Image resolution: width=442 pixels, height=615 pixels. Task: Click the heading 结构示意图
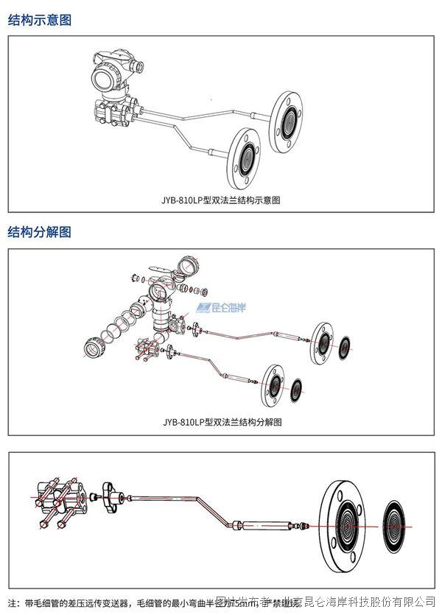(40, 21)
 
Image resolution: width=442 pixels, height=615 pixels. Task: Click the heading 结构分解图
(40, 232)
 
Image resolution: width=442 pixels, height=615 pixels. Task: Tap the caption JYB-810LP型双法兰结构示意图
(222, 199)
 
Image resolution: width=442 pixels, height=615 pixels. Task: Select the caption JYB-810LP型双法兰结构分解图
(222, 422)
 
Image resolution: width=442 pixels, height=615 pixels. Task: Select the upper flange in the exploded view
(322, 341)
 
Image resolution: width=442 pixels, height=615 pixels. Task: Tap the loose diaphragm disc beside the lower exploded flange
(297, 390)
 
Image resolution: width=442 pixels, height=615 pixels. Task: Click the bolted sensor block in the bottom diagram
(59, 502)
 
